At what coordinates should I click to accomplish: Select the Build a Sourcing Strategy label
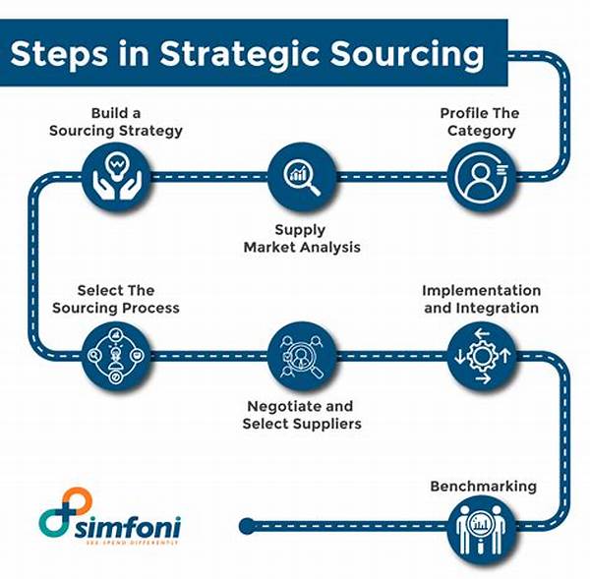tap(116, 122)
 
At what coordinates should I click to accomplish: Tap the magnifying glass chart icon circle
tap(300, 177)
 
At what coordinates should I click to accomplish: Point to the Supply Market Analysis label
tap(302, 238)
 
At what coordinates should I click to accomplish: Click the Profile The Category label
tap(478, 122)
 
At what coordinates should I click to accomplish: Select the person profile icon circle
tap(478, 177)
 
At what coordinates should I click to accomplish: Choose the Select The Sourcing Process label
tap(115, 299)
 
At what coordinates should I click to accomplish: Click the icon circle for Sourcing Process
tap(116, 354)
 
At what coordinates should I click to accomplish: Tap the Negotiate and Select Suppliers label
tap(302, 415)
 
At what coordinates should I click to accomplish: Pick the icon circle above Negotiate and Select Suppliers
tap(300, 354)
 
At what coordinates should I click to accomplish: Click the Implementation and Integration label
tap(481, 299)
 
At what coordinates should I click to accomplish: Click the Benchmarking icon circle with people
tap(483, 525)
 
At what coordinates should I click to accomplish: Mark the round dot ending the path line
tap(247, 524)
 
